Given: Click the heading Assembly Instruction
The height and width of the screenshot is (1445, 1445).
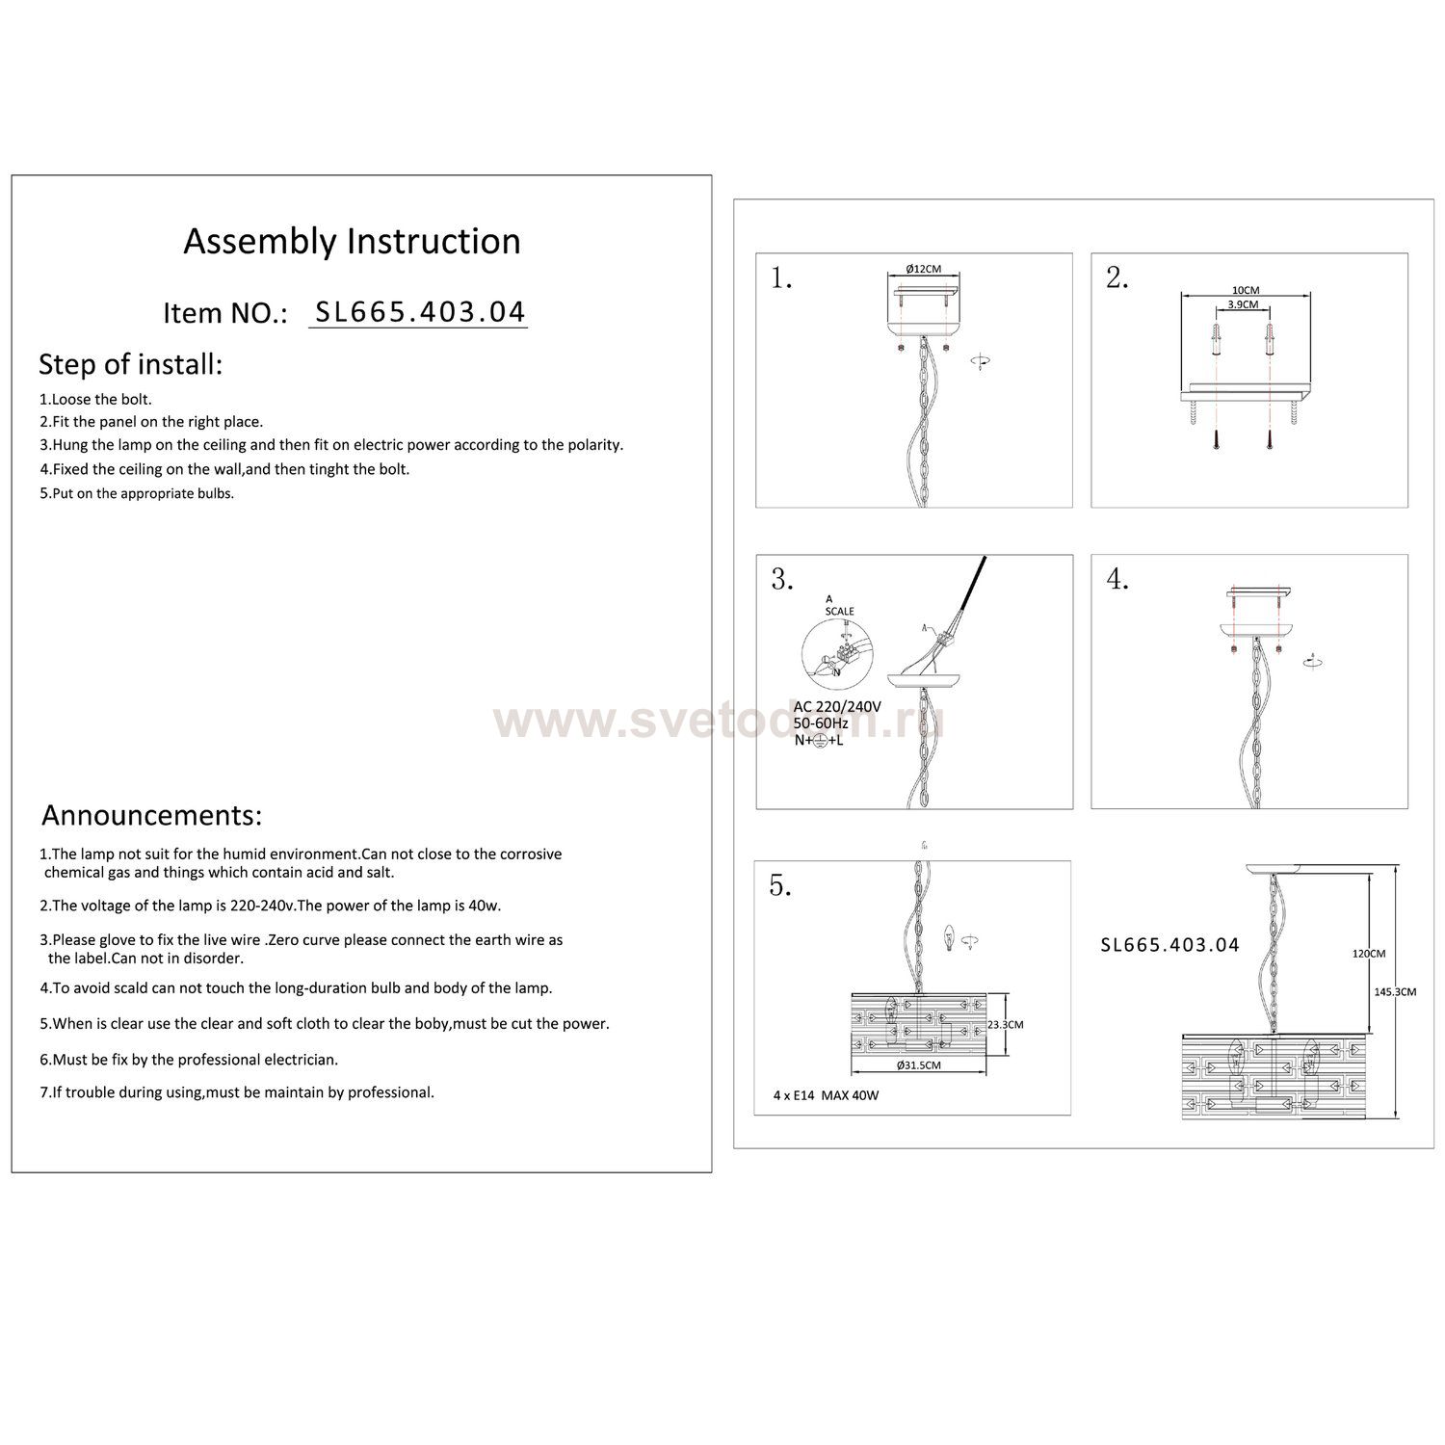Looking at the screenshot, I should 352,241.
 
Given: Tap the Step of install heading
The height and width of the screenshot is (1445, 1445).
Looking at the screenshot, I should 130,364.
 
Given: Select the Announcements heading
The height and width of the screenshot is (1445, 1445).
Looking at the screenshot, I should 151,815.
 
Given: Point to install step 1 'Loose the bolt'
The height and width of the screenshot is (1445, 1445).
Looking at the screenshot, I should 95,399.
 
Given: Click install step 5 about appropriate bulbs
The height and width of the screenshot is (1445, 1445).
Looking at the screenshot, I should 137,493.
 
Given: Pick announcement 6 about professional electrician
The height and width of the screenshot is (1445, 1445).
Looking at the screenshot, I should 189,1060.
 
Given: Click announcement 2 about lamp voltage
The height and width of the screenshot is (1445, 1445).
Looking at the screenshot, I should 270,906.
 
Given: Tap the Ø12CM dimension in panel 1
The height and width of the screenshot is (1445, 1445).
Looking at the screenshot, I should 923,269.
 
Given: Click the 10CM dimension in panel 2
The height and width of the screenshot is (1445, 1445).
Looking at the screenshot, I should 1245,290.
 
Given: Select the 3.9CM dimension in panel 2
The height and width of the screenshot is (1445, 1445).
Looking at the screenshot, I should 1244,304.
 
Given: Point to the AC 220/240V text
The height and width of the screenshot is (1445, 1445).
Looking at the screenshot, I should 837,706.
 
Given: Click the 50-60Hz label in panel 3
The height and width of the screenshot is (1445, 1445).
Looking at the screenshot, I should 821,722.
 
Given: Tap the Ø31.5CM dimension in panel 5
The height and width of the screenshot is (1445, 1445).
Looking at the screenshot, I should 917,1065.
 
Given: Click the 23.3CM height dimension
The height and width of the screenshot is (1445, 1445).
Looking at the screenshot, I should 1005,1025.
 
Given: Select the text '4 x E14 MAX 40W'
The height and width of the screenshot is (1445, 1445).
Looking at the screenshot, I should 826,1095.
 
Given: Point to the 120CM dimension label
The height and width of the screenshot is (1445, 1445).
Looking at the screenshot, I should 1369,954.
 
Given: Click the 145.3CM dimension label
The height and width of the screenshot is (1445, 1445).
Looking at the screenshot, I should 1394,991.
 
